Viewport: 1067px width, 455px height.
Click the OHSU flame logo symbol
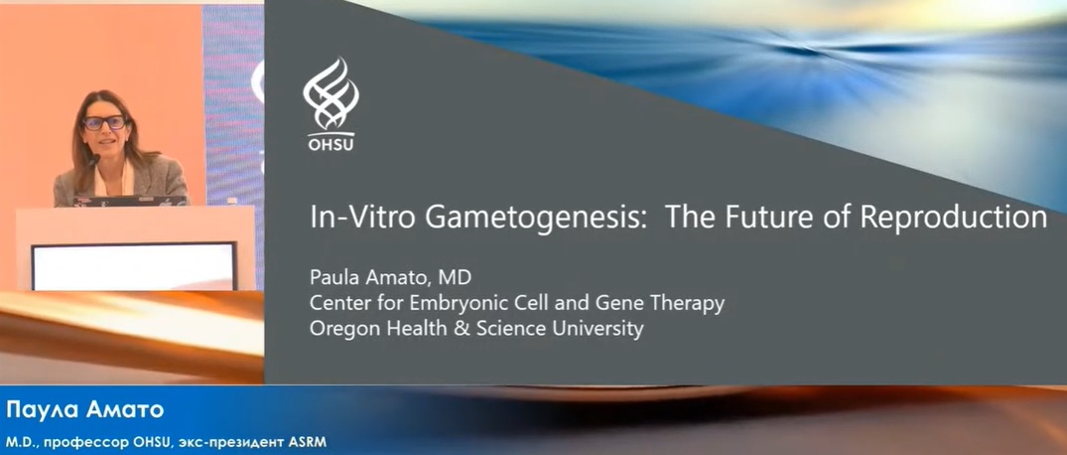click(331, 94)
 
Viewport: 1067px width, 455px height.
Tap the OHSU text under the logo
click(331, 144)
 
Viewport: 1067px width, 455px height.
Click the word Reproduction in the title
click(954, 217)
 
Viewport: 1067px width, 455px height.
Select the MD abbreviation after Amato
click(457, 278)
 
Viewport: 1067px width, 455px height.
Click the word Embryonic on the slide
click(423, 303)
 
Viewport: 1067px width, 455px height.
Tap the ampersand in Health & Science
click(434, 329)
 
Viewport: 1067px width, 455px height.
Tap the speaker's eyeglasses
click(104, 123)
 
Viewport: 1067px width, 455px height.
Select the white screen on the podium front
click(133, 266)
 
